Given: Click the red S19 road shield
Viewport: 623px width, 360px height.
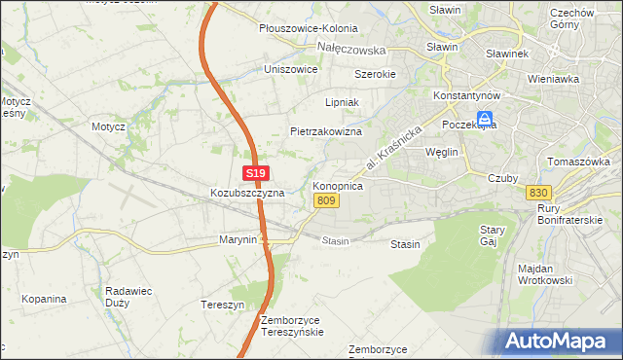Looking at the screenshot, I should click(x=255, y=173).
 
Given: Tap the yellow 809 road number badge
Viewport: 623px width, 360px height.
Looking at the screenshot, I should click(x=326, y=200).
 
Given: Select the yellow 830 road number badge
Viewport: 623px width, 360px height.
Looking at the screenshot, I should click(x=539, y=192).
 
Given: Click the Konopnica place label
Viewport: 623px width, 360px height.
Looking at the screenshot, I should click(x=338, y=185).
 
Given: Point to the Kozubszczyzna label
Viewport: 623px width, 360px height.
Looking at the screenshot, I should click(x=247, y=193).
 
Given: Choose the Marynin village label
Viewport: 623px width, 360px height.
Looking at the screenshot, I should click(x=238, y=239).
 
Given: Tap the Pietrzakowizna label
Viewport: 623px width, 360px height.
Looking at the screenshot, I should click(x=326, y=130).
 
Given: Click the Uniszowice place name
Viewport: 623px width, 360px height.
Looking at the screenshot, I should click(x=291, y=69).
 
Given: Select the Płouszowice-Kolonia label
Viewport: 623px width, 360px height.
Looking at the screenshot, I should click(x=308, y=29).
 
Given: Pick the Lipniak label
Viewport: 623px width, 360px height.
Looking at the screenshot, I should click(x=343, y=101).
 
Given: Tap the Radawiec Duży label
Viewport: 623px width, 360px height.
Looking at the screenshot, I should click(x=132, y=295).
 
